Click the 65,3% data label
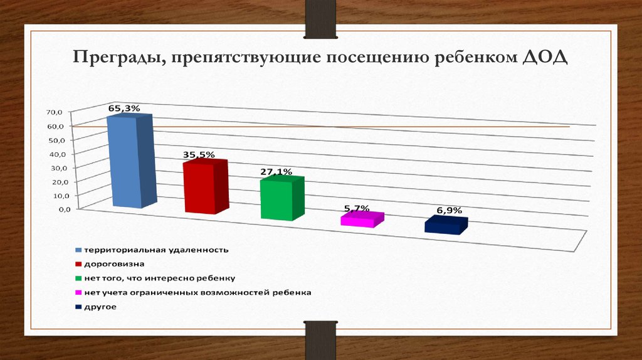(124, 109)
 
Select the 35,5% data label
(199, 154)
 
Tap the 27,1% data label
(276, 171)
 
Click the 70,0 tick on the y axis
(55, 112)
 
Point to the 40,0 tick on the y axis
(55, 154)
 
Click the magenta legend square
(78, 293)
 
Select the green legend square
(78, 278)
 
